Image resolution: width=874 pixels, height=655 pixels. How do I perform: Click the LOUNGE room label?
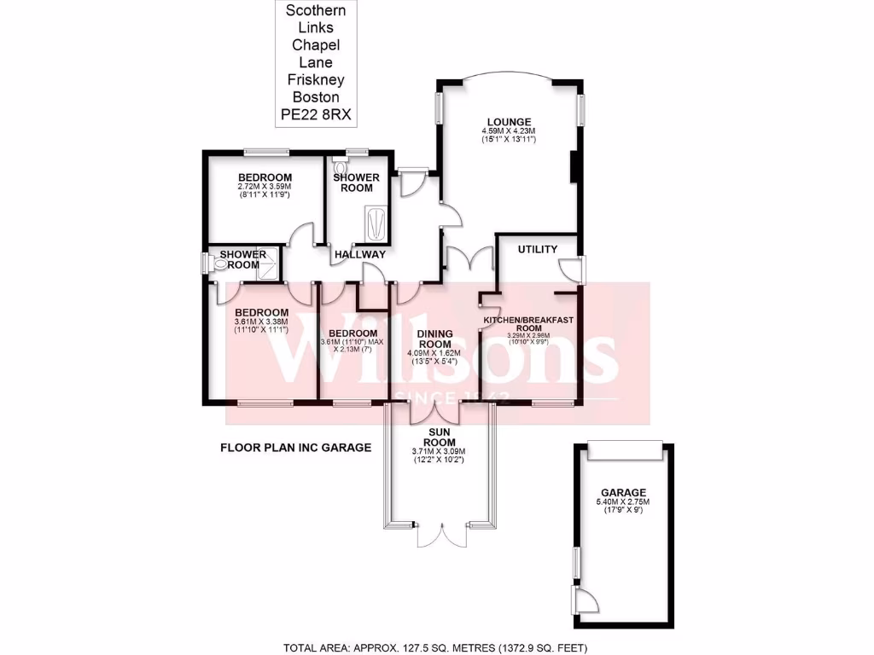(510, 121)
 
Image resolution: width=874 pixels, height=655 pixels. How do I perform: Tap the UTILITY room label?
(538, 249)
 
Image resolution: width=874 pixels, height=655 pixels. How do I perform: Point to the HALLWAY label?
(360, 254)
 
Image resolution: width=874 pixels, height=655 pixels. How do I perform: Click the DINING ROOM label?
(434, 339)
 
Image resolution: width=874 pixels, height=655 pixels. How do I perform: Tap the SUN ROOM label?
(440, 437)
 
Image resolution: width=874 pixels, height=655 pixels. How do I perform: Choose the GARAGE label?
(623, 492)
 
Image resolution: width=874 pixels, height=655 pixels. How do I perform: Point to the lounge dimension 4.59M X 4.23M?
(510, 130)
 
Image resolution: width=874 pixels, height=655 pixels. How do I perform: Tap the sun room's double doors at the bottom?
(440, 532)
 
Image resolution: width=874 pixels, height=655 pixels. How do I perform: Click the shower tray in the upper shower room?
(375, 223)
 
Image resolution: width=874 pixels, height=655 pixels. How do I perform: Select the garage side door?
(584, 602)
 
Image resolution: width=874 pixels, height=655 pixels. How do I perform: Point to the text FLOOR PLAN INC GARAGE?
(296, 447)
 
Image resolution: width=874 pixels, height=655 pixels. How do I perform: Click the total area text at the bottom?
(436, 646)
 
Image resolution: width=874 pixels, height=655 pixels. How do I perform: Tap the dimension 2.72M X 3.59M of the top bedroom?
(265, 187)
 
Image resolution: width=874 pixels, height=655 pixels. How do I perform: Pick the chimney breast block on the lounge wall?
(574, 166)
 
